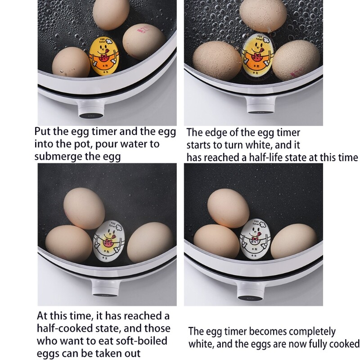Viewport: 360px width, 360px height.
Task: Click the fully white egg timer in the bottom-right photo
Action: [x=254, y=238]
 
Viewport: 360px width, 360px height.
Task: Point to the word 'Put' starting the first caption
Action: [x=43, y=132]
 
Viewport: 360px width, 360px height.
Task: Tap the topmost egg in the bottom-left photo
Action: [x=85, y=207]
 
